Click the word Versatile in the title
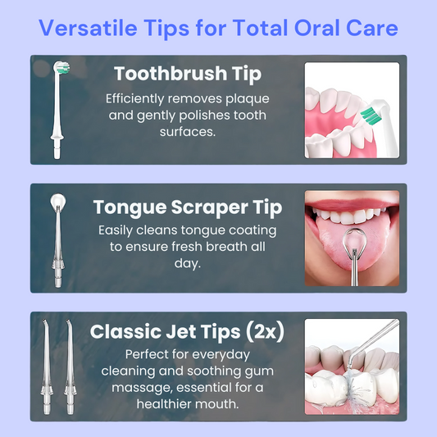(x=88, y=28)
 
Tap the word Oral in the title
(x=317, y=28)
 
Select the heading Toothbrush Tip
(x=188, y=74)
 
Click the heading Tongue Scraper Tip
(x=188, y=208)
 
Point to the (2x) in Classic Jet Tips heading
(x=265, y=331)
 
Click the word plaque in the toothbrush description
(x=248, y=99)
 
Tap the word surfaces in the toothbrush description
(x=188, y=132)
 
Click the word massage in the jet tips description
(x=142, y=388)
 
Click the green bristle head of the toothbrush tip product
(x=61, y=68)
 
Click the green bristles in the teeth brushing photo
(x=371, y=115)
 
